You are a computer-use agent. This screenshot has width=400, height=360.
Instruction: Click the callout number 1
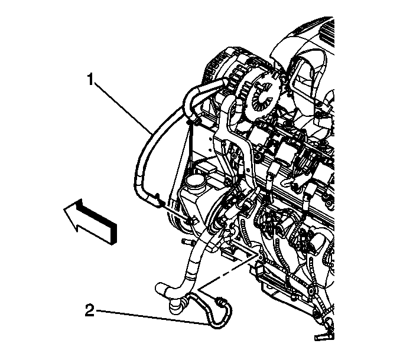tap(90, 79)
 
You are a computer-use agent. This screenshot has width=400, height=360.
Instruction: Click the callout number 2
tap(90, 311)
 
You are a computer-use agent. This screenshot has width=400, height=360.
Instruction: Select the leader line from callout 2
tap(152, 317)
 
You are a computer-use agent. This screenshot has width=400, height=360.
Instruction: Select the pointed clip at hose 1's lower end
tap(159, 199)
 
